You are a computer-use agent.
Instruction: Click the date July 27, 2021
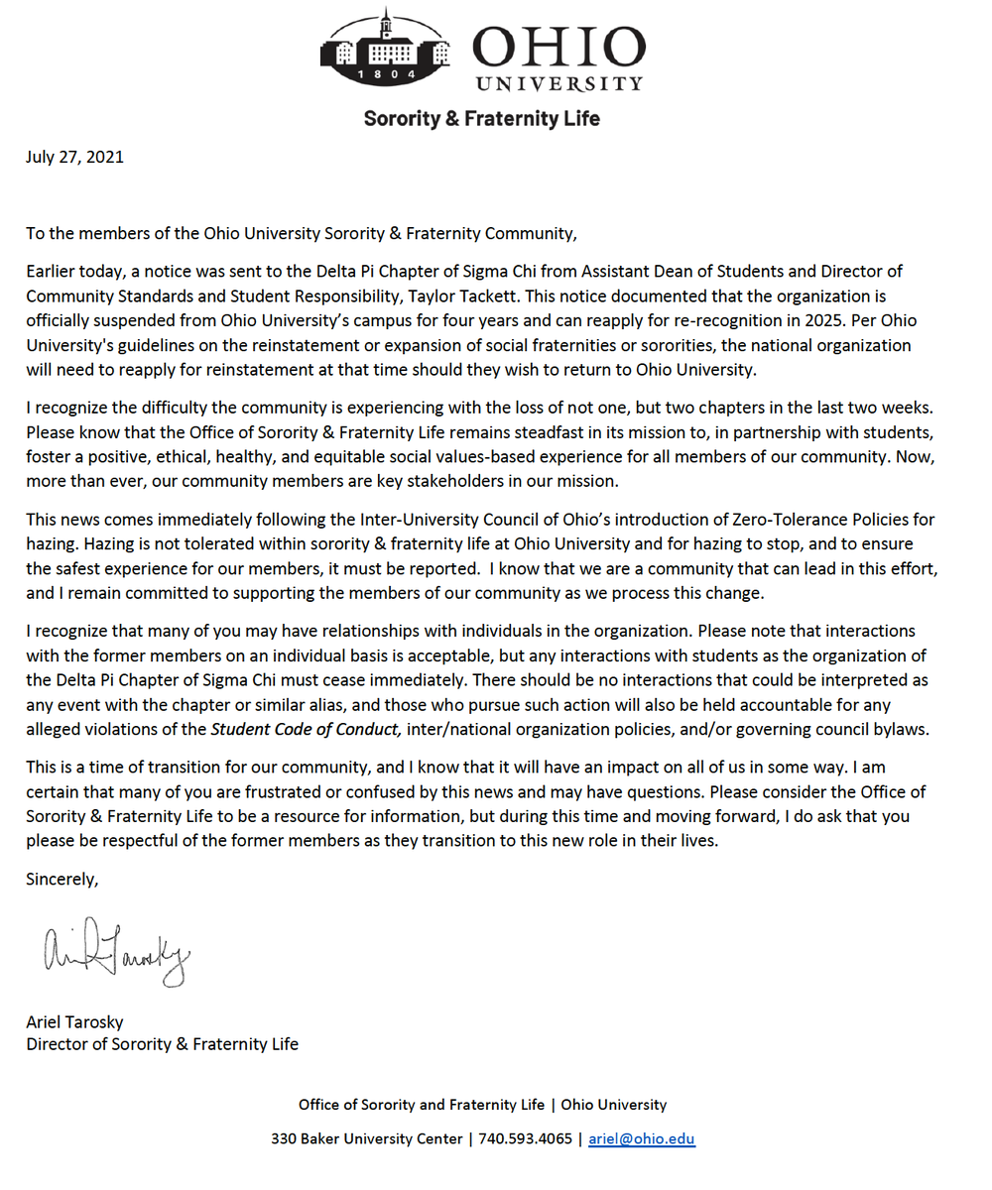pyautogui.click(x=75, y=156)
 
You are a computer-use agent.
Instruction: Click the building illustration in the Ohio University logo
pyautogui.click(x=385, y=45)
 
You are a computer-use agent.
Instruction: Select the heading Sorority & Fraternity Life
pyautogui.click(x=482, y=118)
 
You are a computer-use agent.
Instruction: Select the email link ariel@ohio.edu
pyautogui.click(x=642, y=1138)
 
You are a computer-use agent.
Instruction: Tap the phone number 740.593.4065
pyautogui.click(x=525, y=1138)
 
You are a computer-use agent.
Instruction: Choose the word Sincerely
pyautogui.click(x=62, y=879)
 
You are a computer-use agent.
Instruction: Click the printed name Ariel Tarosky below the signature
pyautogui.click(x=75, y=1021)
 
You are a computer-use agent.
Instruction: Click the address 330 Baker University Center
pyautogui.click(x=366, y=1138)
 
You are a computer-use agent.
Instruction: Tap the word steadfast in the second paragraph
pyautogui.click(x=550, y=432)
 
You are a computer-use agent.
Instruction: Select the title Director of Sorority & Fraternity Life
pyautogui.click(x=162, y=1043)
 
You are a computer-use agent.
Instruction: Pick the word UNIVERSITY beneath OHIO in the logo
pyautogui.click(x=558, y=83)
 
